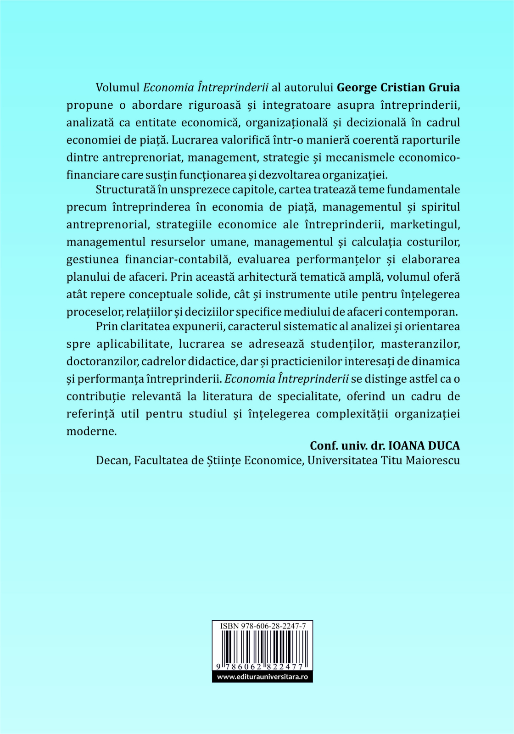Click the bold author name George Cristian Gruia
(398, 88)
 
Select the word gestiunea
(93, 259)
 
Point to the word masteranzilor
(420, 344)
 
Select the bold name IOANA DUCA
(424, 445)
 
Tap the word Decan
(112, 460)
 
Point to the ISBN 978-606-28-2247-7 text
(263, 626)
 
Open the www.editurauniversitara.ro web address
(263, 677)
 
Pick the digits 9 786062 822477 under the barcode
(260, 667)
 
